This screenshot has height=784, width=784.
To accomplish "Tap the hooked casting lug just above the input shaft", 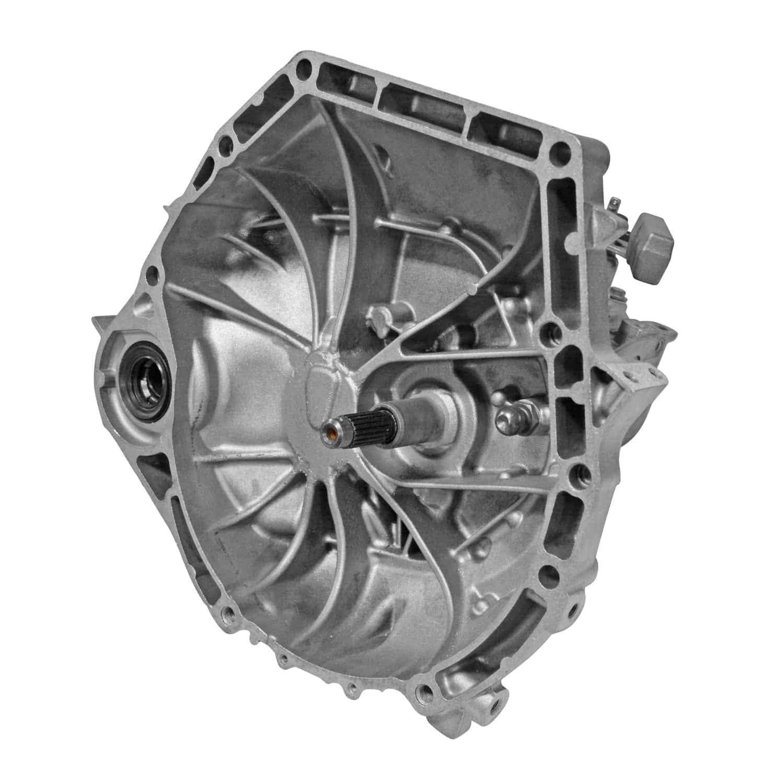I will click(x=380, y=316).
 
